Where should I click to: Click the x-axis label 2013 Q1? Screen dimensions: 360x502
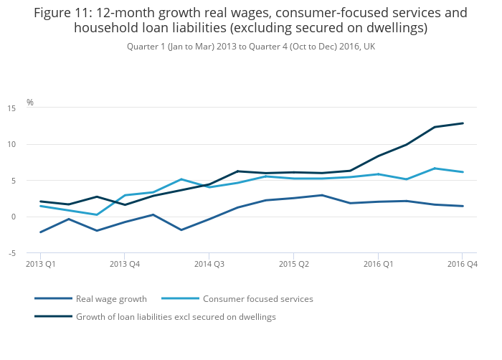click(x=40, y=265)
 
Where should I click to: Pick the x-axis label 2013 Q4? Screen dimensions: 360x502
click(x=124, y=265)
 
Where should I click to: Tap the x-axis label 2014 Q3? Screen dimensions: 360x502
click(x=209, y=265)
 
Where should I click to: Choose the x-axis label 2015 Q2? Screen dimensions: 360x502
click(x=293, y=265)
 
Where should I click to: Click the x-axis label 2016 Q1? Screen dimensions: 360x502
click(x=378, y=265)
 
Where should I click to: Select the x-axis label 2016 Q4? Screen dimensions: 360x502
click(x=462, y=265)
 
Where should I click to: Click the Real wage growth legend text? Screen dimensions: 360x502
click(x=111, y=299)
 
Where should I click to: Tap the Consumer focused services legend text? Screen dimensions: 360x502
click(x=258, y=299)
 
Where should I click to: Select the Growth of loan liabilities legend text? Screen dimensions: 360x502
click(x=176, y=316)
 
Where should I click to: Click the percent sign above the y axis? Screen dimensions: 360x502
click(x=30, y=103)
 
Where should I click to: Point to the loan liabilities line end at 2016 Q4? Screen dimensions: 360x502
click(x=463, y=123)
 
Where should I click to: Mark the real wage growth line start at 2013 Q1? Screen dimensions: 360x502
click(x=41, y=232)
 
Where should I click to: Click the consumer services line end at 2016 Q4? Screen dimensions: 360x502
click(x=463, y=172)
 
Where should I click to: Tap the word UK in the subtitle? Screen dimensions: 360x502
click(x=369, y=46)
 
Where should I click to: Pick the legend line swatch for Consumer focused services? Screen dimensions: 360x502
click(x=180, y=299)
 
